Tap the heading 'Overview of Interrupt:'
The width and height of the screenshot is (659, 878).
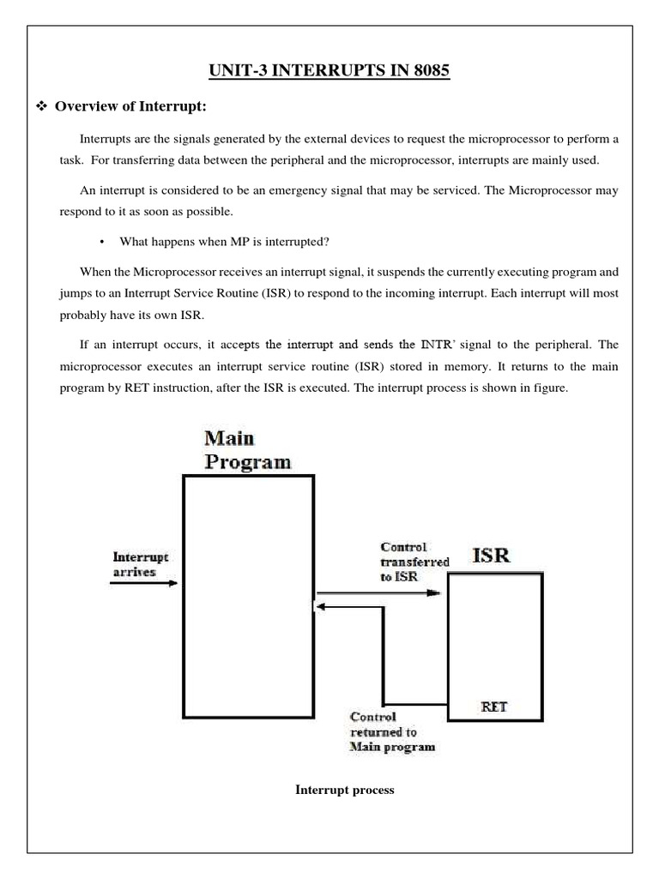[131, 107]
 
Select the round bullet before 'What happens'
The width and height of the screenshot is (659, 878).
[102, 242]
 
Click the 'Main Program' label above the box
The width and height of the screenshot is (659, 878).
[246, 449]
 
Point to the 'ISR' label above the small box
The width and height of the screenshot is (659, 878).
[492, 554]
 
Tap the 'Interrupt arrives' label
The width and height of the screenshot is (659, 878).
[141, 563]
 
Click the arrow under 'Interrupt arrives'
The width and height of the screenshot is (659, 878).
[143, 584]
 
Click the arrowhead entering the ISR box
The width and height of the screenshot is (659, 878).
[440, 591]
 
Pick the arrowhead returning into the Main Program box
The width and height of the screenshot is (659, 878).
[320, 607]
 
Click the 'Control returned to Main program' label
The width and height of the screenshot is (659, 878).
[390, 731]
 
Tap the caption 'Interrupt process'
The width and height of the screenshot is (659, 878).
[345, 790]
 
